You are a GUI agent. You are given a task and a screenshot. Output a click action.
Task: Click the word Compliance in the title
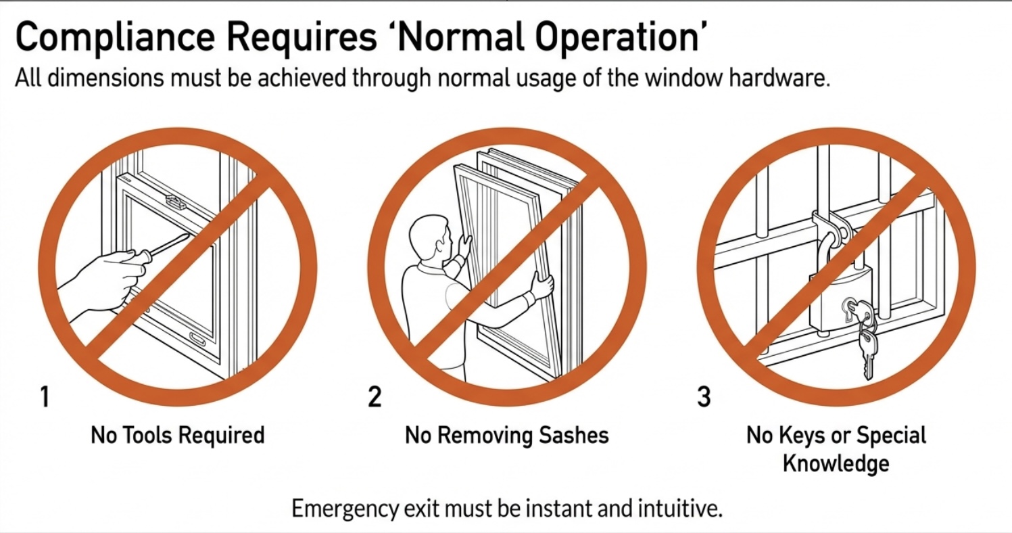point(115,38)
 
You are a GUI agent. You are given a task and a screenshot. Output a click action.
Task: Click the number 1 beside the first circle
point(45,396)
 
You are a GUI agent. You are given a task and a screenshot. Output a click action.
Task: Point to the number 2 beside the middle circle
point(375,396)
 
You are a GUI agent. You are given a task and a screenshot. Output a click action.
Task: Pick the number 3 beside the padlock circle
point(704,396)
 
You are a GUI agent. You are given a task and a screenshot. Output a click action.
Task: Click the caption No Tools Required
point(178,435)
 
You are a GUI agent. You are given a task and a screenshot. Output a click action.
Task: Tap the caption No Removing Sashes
point(506,435)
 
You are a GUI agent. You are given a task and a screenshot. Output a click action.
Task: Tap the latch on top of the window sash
point(176,202)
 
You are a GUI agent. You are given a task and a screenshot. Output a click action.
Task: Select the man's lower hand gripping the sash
point(541,285)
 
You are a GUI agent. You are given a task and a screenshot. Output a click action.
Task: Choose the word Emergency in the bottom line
point(345,509)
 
